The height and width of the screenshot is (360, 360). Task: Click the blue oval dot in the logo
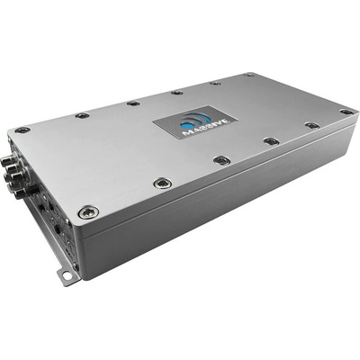click(x=185, y=125)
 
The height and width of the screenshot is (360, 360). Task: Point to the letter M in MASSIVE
click(x=188, y=133)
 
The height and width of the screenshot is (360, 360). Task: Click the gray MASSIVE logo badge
click(x=195, y=122)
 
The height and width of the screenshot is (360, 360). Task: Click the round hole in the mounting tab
click(x=67, y=274)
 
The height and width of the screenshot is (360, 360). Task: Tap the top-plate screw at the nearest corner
click(x=88, y=211)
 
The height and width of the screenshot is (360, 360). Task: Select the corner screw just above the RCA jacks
click(x=22, y=130)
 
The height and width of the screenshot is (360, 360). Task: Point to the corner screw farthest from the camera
click(x=249, y=75)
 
